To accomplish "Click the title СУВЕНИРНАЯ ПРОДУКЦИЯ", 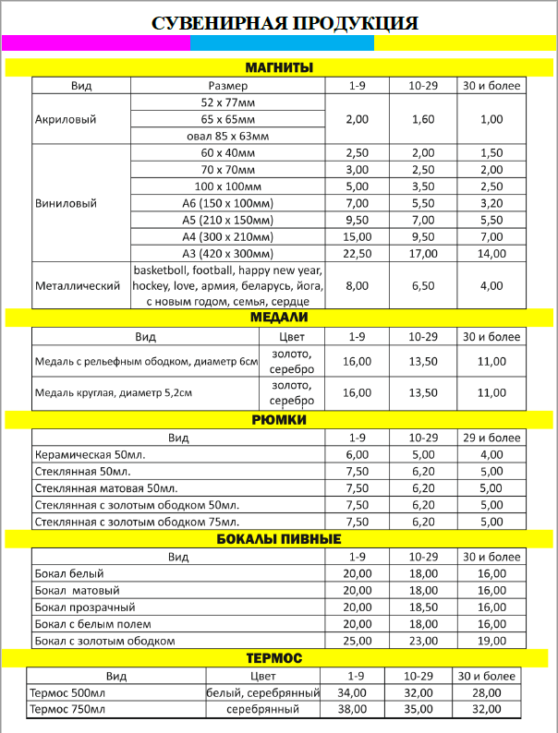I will (x=279, y=23).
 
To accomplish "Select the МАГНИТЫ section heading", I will (x=279, y=67).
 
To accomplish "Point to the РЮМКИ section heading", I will (x=279, y=420).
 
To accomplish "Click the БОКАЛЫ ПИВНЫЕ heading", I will (x=279, y=539).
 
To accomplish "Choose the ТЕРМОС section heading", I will (x=279, y=658).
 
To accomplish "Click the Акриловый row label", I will (x=65, y=119).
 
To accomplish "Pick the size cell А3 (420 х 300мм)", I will (x=227, y=254).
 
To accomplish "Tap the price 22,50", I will (x=357, y=254).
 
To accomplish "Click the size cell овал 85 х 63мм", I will (x=227, y=136).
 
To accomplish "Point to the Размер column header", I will (x=227, y=86).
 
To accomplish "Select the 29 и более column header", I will (x=491, y=438).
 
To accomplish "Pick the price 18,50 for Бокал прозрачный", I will (x=422, y=607).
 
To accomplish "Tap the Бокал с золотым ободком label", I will (x=104, y=641).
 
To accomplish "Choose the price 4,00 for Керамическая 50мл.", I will (x=491, y=454).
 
